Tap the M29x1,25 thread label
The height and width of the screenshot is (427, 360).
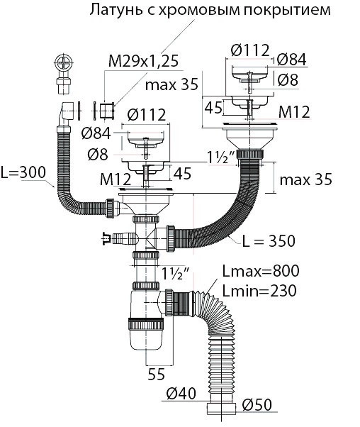143,61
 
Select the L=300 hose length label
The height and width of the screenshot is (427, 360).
23,172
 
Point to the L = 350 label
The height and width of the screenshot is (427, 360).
269,241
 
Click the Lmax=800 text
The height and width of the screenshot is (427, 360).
261,271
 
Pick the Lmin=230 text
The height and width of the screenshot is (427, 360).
259,291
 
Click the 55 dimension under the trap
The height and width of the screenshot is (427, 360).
157,374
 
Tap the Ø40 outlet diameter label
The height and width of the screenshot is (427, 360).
181,393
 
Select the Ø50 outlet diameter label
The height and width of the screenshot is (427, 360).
257,405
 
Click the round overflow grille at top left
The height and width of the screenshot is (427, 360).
64,63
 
